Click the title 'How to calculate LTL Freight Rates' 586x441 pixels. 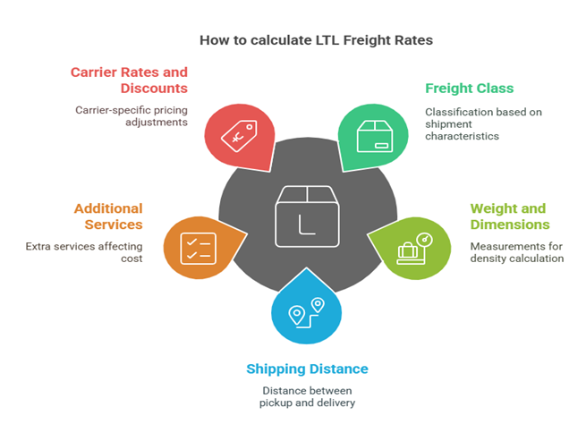point(293,40)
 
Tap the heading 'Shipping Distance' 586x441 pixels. point(307,369)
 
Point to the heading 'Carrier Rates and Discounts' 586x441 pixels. point(131,81)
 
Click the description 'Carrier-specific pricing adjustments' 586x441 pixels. point(131,115)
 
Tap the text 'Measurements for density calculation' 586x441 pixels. point(516,251)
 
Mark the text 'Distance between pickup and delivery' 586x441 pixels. point(307,396)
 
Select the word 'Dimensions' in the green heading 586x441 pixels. point(510,225)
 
